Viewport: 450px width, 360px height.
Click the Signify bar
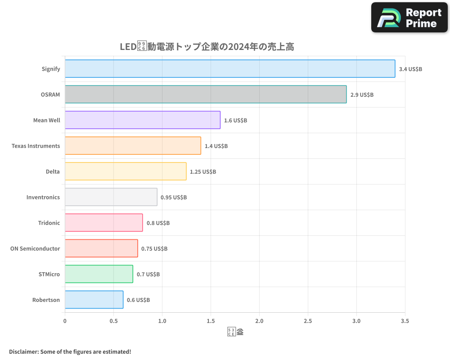(230, 69)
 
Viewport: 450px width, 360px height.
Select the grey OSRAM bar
(206, 94)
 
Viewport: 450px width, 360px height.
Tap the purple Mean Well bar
(143, 120)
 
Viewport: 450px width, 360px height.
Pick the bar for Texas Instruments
(133, 146)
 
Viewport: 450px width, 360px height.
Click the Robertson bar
(94, 300)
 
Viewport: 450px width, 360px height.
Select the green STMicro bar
(99, 274)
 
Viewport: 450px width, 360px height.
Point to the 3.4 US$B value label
(410, 69)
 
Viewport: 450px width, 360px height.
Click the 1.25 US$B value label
(203, 172)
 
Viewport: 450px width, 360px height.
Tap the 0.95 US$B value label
(174, 198)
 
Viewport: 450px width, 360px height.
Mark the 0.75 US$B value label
(154, 249)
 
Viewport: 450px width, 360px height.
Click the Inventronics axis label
(43, 198)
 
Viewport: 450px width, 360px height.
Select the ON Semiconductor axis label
(35, 249)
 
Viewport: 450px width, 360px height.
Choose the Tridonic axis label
(49, 223)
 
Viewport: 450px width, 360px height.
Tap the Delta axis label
(53, 172)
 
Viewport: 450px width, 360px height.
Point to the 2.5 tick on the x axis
(308, 321)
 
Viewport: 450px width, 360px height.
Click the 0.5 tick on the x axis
(113, 321)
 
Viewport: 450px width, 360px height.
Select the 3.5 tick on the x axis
(405, 321)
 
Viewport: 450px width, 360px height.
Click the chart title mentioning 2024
(207, 47)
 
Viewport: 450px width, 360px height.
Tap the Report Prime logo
(409, 18)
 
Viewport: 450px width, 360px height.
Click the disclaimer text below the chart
(70, 351)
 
